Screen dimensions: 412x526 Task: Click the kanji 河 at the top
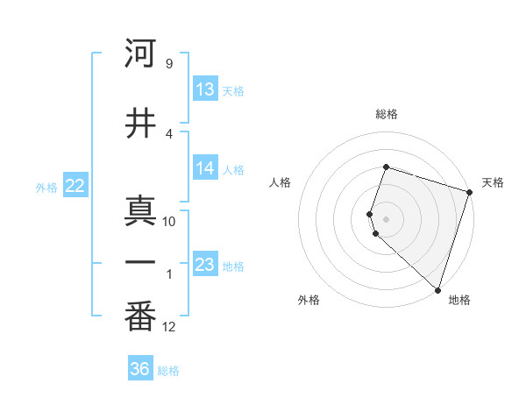click(x=141, y=54)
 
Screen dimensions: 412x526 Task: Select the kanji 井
click(x=141, y=124)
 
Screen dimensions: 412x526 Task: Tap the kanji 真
click(x=141, y=210)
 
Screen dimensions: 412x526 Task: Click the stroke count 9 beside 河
click(x=169, y=63)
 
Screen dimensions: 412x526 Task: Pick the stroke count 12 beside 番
click(x=169, y=327)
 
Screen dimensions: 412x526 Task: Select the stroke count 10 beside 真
click(x=169, y=221)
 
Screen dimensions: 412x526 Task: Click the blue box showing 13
click(x=205, y=90)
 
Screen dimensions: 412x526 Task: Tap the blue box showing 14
click(x=205, y=169)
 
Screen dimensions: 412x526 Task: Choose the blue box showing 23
click(x=205, y=265)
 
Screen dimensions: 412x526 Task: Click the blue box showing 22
click(x=75, y=186)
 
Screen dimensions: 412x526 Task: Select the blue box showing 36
click(x=140, y=370)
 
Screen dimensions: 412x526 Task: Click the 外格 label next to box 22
click(x=46, y=187)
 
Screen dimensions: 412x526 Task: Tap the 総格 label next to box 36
click(x=168, y=371)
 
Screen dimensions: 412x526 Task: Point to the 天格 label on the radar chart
click(x=493, y=182)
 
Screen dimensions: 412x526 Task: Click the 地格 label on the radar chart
click(x=459, y=300)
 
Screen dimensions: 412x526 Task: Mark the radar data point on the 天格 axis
click(x=469, y=192)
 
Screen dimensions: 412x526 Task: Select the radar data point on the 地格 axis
click(x=437, y=289)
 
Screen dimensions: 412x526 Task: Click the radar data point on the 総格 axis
click(x=386, y=166)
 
